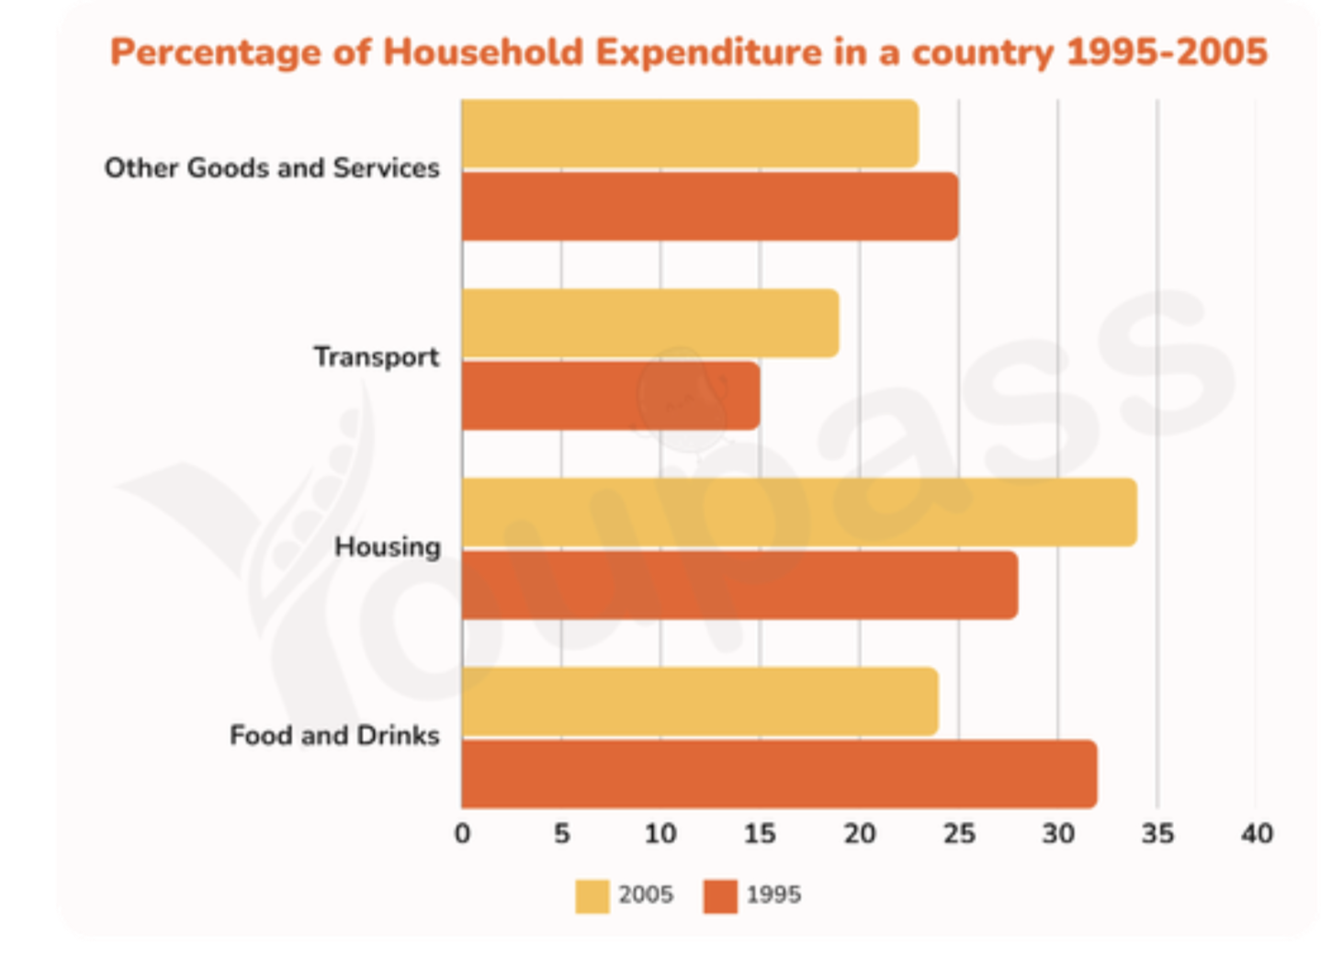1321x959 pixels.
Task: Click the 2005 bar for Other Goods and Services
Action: pyautogui.click(x=690, y=133)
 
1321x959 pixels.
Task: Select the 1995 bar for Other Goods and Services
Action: pyautogui.click(x=710, y=207)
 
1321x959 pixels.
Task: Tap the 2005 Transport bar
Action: pyautogui.click(x=650, y=323)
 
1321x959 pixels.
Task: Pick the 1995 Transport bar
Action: pyautogui.click(x=611, y=396)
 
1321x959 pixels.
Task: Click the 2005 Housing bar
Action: pyautogui.click(x=800, y=512)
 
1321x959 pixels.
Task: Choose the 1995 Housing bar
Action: pyautogui.click(x=740, y=585)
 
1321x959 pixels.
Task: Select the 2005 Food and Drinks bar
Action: pyautogui.click(x=700, y=702)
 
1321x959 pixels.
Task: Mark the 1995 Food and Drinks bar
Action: pyautogui.click(x=780, y=773)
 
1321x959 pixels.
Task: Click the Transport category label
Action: pyautogui.click(x=377, y=357)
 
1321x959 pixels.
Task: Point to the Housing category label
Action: pyautogui.click(x=388, y=547)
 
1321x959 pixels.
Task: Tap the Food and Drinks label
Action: pyautogui.click(x=334, y=736)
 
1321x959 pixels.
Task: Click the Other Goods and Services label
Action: pyautogui.click(x=272, y=168)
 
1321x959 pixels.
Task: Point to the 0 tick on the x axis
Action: pyautogui.click(x=462, y=834)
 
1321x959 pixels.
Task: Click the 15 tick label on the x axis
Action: pyautogui.click(x=760, y=834)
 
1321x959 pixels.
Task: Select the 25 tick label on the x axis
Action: pyautogui.click(x=959, y=834)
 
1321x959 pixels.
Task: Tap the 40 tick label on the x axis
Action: pyautogui.click(x=1257, y=834)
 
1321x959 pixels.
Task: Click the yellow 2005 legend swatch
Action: pyautogui.click(x=593, y=897)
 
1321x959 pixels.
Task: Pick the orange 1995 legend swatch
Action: pyautogui.click(x=720, y=897)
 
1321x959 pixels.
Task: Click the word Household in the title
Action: pyautogui.click(x=483, y=52)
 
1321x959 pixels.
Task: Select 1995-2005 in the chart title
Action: pyautogui.click(x=1167, y=52)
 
